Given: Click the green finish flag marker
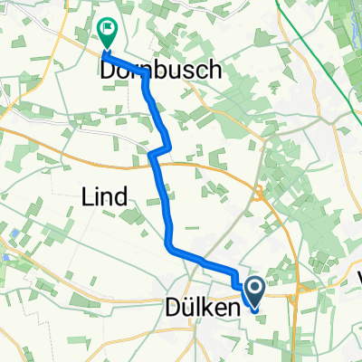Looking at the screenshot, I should pos(108,33).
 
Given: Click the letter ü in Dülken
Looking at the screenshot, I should pos(187,308).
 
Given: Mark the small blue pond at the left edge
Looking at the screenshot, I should pos(6,257).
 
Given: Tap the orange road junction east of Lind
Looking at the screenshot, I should pos(258,191).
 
